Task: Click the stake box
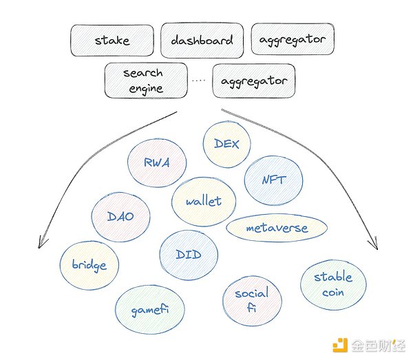pyautogui.click(x=111, y=41)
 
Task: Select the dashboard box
pyautogui.click(x=202, y=41)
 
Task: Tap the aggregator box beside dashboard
pyautogui.click(x=293, y=40)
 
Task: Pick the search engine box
pyautogui.click(x=145, y=80)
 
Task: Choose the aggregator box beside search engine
pyautogui.click(x=254, y=81)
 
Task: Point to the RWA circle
pyautogui.click(x=157, y=163)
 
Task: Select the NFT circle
pyautogui.click(x=273, y=180)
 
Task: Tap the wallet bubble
pyautogui.click(x=204, y=201)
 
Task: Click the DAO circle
pyautogui.click(x=120, y=216)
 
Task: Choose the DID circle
pyautogui.click(x=189, y=255)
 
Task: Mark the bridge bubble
pyautogui.click(x=89, y=265)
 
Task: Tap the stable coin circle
pyautogui.click(x=332, y=284)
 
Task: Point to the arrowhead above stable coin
pyautogui.click(x=374, y=244)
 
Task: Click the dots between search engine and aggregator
pyautogui.click(x=199, y=81)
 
